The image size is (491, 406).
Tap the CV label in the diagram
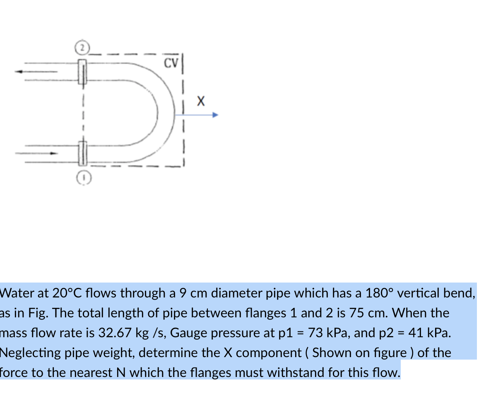pyautogui.click(x=171, y=63)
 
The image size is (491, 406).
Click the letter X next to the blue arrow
pyautogui.click(x=200, y=101)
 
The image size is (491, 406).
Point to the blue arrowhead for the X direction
pyautogui.click(x=215, y=116)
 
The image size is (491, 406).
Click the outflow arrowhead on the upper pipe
pyautogui.click(x=18, y=71)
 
